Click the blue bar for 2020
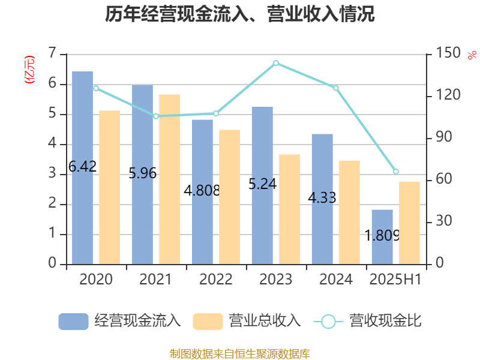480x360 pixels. tap(83, 168)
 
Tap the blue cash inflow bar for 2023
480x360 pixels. tap(262, 185)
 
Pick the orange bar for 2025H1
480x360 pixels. tap(409, 223)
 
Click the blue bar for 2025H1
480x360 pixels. tap(382, 236)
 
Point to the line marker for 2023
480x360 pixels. tap(276, 63)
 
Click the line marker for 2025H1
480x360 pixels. tap(395, 172)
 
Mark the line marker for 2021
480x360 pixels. tap(156, 116)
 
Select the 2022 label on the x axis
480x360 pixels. tap(216, 280)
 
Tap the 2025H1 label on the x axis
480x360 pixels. tap(395, 280)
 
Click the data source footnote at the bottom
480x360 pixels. tap(240, 353)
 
